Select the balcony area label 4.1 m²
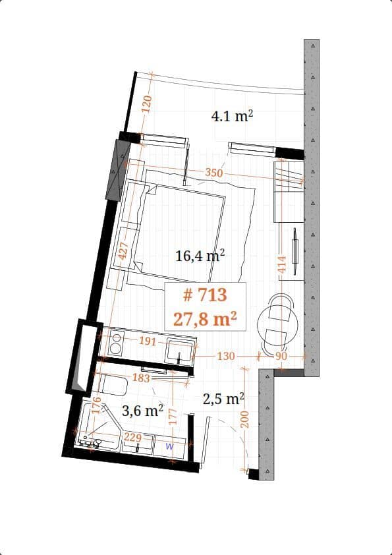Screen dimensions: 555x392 (232, 117)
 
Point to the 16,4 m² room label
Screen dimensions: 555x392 (200, 256)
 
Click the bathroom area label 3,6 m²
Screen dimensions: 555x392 (143, 411)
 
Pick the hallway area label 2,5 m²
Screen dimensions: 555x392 (223, 399)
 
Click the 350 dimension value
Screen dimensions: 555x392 (214, 173)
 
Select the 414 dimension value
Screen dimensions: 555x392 (282, 265)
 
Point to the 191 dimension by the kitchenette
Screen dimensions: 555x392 (147, 341)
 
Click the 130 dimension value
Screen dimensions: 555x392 (226, 356)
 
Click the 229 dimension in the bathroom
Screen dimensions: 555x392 (133, 437)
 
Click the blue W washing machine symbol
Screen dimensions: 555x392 (169, 446)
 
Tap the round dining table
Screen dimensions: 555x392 (277, 322)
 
